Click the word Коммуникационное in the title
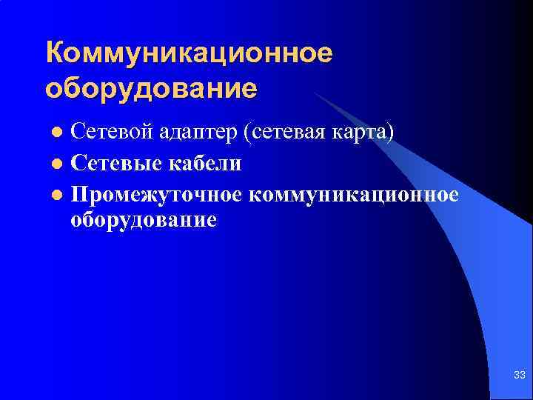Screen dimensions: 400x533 tap(190, 53)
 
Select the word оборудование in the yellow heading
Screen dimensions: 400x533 tap(152, 89)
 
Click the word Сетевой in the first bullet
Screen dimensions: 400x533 tap(109, 133)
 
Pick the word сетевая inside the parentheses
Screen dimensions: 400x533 tap(298, 133)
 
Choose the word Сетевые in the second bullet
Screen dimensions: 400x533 tap(110, 162)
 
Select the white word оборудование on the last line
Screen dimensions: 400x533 tap(144, 220)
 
